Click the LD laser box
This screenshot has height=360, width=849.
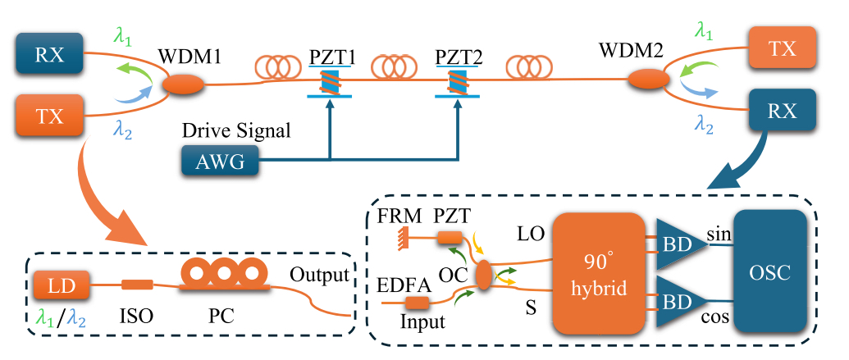pyautogui.click(x=57, y=286)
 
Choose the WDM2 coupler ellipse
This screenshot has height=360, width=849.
pyautogui.click(x=649, y=80)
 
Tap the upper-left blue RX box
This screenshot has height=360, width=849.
pyautogui.click(x=48, y=55)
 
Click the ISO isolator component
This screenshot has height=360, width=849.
pyautogui.click(x=136, y=285)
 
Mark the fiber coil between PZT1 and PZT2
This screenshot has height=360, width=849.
pyautogui.click(x=392, y=64)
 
